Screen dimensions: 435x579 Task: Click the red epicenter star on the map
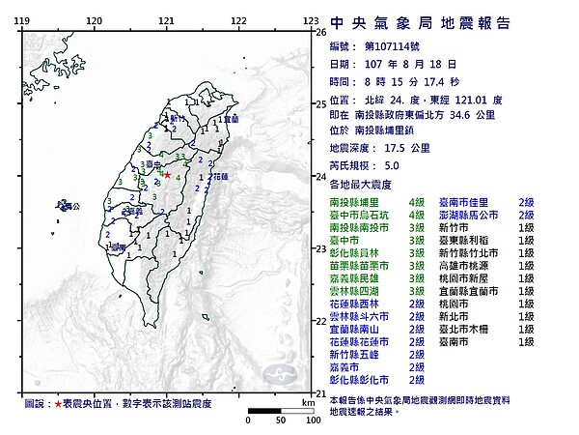click(x=167, y=176)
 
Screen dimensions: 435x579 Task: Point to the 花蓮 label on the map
click(x=219, y=177)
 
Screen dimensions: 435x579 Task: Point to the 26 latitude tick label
click(x=321, y=31)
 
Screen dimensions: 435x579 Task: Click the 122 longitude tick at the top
click(x=238, y=19)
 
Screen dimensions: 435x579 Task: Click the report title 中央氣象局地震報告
click(x=420, y=23)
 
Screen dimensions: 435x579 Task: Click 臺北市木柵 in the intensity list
click(x=467, y=330)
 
